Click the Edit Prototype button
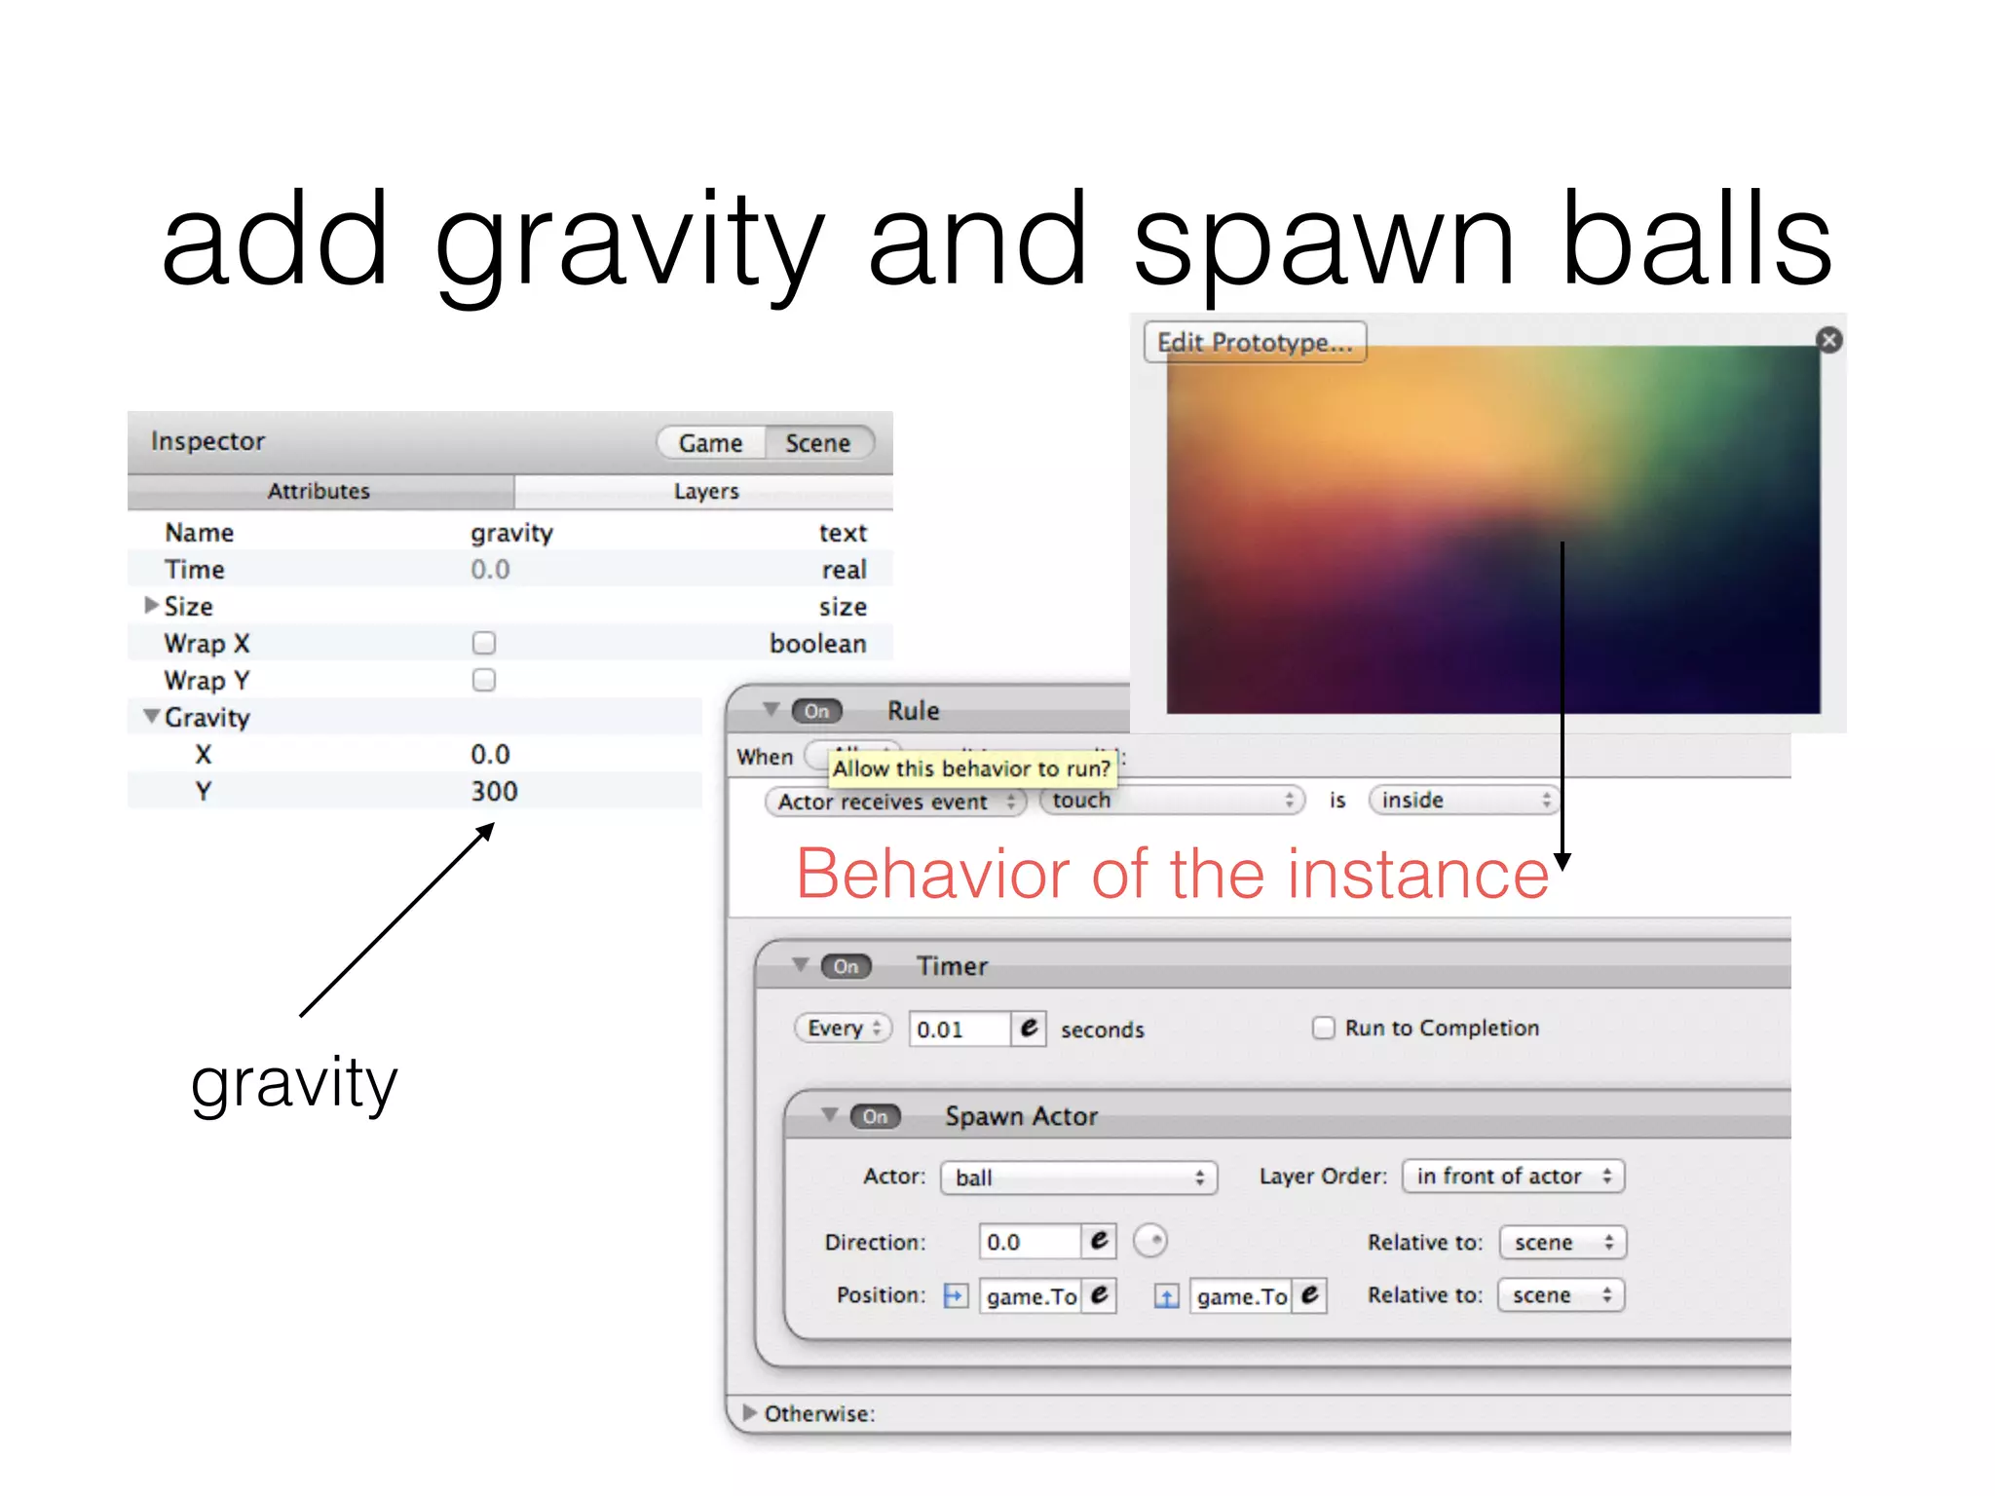[x=1255, y=343]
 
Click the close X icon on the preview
[x=1829, y=340]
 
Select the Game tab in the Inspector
[x=710, y=443]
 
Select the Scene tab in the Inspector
[x=818, y=443]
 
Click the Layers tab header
[x=705, y=492]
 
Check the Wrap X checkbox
[x=484, y=643]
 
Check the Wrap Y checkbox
[x=484, y=680]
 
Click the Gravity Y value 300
[x=494, y=791]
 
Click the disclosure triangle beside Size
[x=151, y=606]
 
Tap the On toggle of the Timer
[x=846, y=966]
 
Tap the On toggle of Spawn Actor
[x=875, y=1116]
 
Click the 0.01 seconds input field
[x=959, y=1029]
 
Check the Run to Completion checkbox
[x=1323, y=1028]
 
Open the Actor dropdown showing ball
[x=1078, y=1178]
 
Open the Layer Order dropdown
[x=1513, y=1177]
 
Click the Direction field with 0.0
[x=1029, y=1242]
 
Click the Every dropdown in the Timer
[x=844, y=1028]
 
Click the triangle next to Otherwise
[x=749, y=1412]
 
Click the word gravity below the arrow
[x=294, y=1083]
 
